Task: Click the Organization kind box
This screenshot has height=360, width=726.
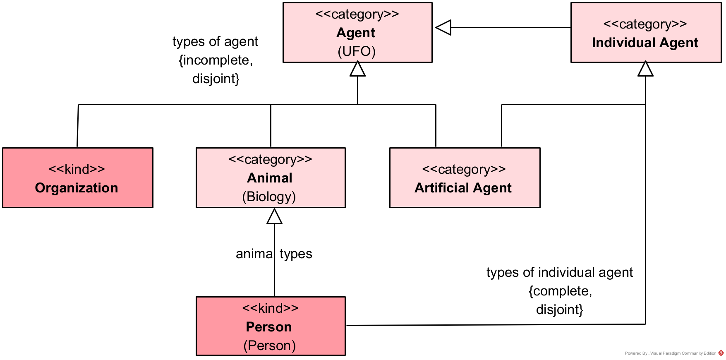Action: point(78,178)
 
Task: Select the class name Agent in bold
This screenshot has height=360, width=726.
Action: point(356,33)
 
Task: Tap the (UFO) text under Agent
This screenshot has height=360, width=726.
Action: point(357,51)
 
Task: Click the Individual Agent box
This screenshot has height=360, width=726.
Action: point(645,33)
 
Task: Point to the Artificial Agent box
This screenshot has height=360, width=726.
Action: point(465,178)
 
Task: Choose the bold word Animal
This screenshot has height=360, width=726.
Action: point(270,178)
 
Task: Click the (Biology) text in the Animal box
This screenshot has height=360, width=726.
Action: point(269,197)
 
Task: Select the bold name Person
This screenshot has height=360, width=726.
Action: point(269,327)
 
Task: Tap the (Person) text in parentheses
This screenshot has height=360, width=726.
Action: point(269,346)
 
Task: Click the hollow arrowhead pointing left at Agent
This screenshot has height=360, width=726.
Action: point(443,28)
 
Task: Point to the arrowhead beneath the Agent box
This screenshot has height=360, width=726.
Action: point(357,69)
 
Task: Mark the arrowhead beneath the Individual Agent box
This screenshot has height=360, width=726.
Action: point(645,69)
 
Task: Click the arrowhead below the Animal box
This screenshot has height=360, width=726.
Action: point(274,216)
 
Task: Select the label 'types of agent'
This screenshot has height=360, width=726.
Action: point(215,42)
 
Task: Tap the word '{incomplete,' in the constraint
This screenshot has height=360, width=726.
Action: point(216,60)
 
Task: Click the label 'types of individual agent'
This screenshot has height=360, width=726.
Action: point(559,273)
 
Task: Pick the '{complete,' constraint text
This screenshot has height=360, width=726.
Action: point(560,291)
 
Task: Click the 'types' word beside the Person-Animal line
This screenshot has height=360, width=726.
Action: point(296,254)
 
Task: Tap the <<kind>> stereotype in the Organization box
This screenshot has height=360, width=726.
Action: point(77,169)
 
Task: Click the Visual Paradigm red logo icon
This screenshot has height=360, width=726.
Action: point(721,353)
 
